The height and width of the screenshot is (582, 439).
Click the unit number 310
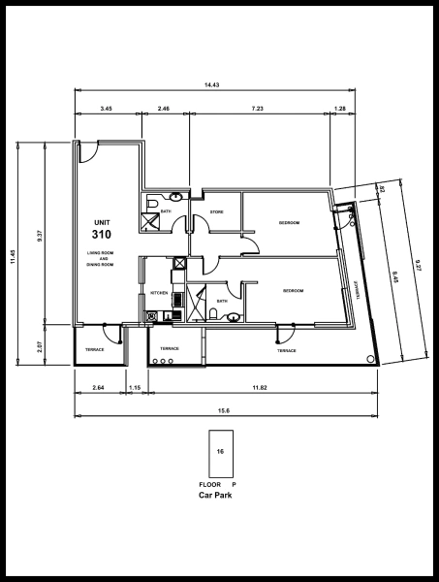(102, 235)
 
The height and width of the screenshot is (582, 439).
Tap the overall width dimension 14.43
(211, 85)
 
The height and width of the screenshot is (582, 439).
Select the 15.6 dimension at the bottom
(224, 410)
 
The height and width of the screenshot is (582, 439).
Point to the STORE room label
(218, 211)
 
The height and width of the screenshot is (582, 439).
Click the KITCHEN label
(159, 292)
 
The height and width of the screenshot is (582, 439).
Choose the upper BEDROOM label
(289, 223)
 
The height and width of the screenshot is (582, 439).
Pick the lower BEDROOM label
(294, 291)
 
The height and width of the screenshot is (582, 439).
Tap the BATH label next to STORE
(166, 211)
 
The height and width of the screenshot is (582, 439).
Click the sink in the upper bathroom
(176, 196)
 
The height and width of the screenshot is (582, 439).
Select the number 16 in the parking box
(220, 452)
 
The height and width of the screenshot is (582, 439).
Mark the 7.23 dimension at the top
(259, 109)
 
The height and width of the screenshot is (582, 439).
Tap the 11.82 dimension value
(260, 388)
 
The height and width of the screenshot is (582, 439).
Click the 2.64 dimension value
(98, 388)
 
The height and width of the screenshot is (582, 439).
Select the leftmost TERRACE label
(94, 348)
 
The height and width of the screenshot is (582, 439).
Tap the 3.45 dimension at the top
(106, 109)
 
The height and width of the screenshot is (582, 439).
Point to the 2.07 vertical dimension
(39, 345)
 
